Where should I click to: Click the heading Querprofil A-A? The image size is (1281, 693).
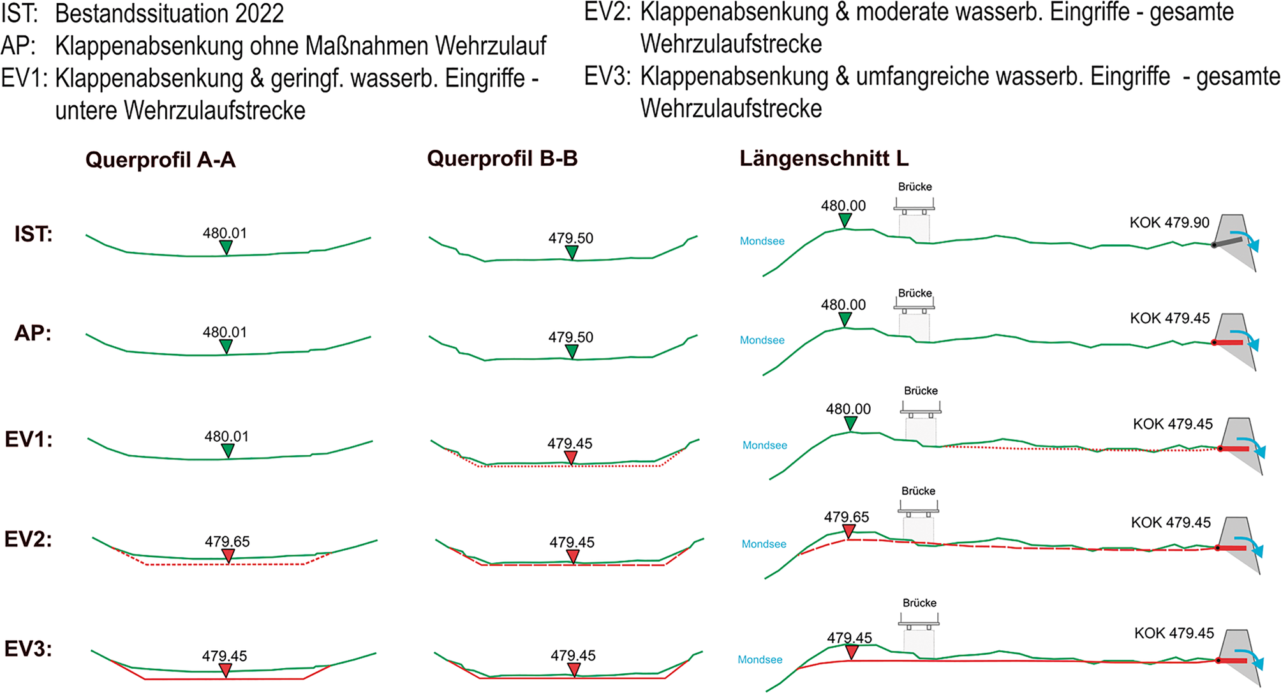160,159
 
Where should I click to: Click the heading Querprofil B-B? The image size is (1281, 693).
502,158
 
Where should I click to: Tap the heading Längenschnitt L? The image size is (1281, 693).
824,158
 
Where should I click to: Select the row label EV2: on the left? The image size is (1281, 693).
28,539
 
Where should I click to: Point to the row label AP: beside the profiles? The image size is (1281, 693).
33,333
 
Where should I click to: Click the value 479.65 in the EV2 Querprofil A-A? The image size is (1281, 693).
227,541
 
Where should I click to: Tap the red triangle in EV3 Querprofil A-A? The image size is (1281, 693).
225,670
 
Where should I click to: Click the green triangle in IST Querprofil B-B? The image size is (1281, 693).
572,252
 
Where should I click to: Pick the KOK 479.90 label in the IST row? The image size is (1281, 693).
1169,222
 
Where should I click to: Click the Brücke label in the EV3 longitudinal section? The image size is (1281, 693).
919,602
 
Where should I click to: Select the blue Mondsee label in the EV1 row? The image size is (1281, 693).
764,445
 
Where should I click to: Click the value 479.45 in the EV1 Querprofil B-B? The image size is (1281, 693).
570,443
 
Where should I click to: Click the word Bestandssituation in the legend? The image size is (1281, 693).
170,13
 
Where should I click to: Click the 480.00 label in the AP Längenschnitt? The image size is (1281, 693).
843,305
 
